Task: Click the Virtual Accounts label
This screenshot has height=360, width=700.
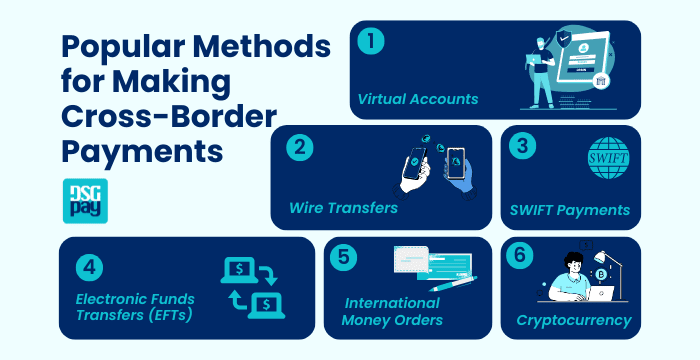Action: pos(419,99)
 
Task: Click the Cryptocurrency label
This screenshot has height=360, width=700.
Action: pos(573,321)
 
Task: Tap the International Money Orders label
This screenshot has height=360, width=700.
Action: pos(392,310)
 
